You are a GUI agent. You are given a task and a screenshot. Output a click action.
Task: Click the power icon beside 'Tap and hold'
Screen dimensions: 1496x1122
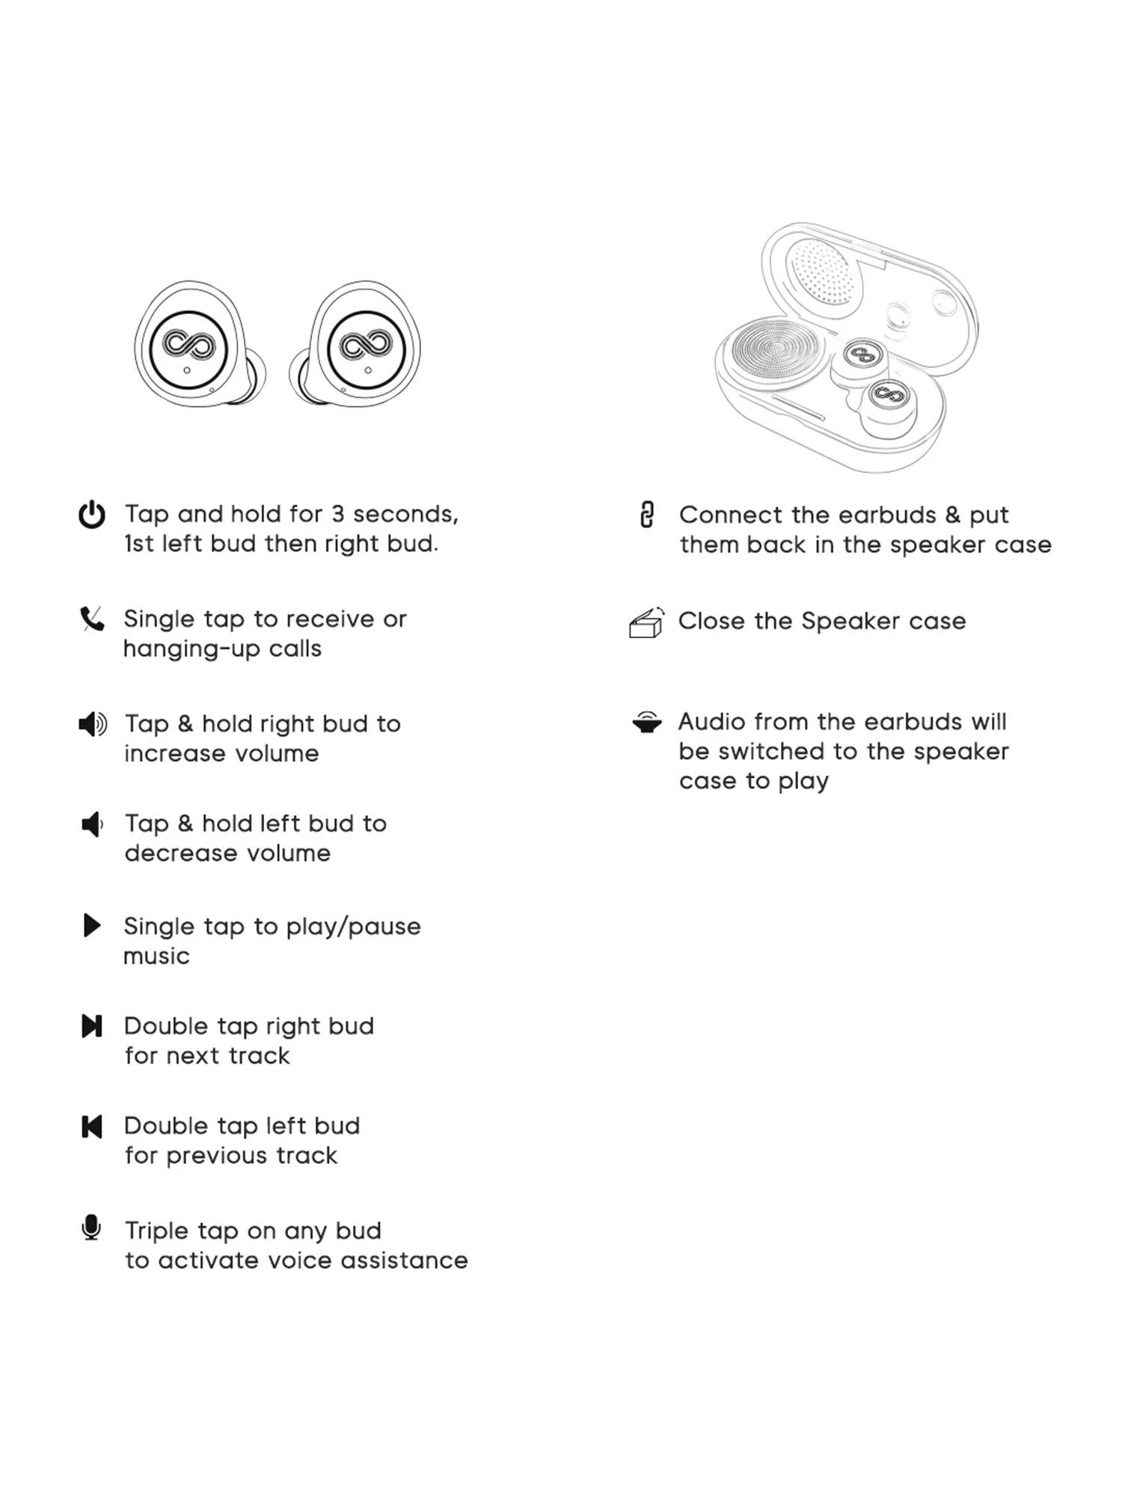tap(92, 515)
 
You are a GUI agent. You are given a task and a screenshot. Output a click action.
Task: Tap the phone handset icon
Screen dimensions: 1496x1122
tap(92, 619)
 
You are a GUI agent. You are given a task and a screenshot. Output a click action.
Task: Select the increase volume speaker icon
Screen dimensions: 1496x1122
tap(93, 724)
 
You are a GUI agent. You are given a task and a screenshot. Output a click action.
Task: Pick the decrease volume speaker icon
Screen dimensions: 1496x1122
tap(92, 824)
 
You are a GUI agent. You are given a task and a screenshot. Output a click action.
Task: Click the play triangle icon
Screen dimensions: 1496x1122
tap(92, 926)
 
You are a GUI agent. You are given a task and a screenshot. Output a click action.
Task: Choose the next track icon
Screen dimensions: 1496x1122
tap(92, 1026)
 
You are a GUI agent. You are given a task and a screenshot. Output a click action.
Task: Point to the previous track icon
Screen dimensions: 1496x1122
tap(91, 1126)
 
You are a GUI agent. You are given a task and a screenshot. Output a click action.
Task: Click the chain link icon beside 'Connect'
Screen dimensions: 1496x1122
tap(647, 515)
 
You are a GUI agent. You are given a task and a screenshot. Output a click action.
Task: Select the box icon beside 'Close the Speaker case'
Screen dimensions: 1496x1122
tap(646, 622)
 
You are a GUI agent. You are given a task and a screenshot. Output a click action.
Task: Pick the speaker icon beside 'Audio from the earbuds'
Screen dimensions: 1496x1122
tap(646, 722)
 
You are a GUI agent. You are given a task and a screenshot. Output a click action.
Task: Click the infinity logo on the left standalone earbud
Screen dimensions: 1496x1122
tap(188, 345)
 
